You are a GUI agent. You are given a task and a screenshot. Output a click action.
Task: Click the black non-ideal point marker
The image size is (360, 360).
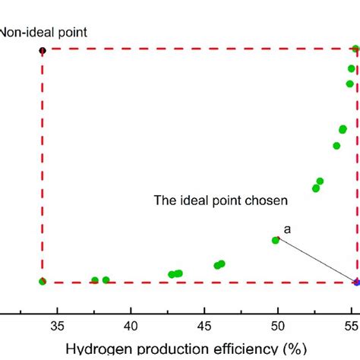(43, 50)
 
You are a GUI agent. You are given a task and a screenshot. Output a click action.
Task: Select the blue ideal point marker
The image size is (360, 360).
(356, 283)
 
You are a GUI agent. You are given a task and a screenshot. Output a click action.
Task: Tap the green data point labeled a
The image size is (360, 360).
(276, 240)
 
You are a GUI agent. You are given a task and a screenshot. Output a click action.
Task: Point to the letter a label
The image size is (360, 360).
(287, 228)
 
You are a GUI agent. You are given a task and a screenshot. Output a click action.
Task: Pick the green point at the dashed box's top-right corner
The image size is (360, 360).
(355, 49)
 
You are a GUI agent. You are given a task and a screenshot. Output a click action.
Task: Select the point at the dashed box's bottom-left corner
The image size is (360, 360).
(43, 281)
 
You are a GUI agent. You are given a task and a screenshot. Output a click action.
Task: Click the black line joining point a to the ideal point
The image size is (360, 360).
(316, 261)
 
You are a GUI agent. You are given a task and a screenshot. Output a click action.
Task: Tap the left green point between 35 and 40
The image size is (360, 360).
(95, 280)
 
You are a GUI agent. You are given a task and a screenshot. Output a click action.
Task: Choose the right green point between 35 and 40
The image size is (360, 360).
(106, 280)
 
